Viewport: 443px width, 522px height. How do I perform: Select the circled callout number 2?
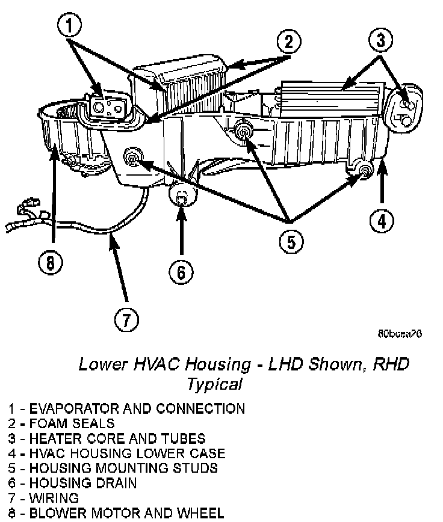tap(288, 42)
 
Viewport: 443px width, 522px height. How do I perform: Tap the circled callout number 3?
tap(380, 40)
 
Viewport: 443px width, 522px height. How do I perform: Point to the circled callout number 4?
tap(381, 221)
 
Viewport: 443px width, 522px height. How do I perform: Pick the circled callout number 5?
tap(291, 241)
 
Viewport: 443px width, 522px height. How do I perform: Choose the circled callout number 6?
tap(181, 272)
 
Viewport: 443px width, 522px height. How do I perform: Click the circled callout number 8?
tap(51, 263)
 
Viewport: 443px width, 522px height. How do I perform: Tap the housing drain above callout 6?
tap(181, 194)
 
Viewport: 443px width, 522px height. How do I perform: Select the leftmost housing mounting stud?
tap(131, 158)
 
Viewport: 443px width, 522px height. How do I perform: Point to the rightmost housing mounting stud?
tap(364, 171)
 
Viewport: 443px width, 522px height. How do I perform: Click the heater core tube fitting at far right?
tap(405, 112)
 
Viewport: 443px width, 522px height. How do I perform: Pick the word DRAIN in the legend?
tap(116, 483)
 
